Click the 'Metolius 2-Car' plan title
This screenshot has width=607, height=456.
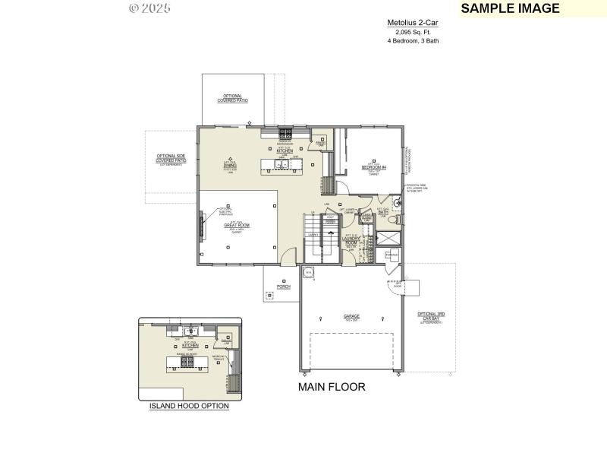[413, 23]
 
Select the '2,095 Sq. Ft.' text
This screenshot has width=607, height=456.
[413, 32]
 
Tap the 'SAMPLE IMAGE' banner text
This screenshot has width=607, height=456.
[510, 8]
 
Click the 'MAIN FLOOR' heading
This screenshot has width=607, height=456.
[332, 387]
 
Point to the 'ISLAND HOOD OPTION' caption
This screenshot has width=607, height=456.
[188, 406]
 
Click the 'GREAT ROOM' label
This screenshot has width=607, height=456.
[237, 225]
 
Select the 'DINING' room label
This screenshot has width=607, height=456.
[230, 164]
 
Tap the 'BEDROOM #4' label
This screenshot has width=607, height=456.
[374, 166]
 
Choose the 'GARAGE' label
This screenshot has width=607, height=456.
[351, 315]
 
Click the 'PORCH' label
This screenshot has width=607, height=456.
[284, 287]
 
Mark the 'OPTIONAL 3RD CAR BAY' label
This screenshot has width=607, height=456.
[430, 315]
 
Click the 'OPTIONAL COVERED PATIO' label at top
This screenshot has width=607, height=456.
[232, 98]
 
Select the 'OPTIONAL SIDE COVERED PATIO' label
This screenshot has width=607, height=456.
[171, 159]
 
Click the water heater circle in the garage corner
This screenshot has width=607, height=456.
[309, 272]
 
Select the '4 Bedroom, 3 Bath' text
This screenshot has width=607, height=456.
[413, 40]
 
